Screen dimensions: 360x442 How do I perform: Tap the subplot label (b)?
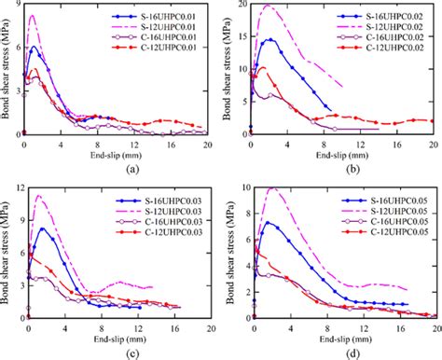[341, 167]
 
